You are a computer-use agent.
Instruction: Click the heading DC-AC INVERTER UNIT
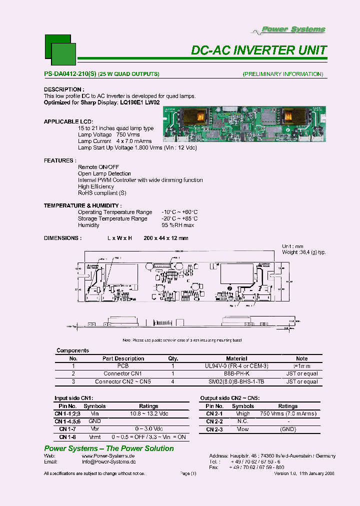coord(259,50)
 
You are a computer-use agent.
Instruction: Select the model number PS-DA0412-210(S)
coord(70,74)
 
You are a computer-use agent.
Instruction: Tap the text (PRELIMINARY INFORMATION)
coord(282,74)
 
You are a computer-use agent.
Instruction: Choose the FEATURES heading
coord(60,160)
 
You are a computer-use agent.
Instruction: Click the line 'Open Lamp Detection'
coord(104,173)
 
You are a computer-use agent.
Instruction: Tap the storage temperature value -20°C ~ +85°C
coord(179,218)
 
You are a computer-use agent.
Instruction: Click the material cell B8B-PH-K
coord(236,373)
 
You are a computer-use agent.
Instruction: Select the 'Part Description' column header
coord(123,358)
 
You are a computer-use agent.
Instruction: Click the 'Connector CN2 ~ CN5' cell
coord(123,381)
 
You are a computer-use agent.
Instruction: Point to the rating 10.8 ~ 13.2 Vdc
coord(148,414)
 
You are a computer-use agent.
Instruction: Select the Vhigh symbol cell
coord(242,414)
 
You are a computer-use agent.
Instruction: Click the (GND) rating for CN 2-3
coord(287,429)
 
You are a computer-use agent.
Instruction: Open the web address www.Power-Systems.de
coord(108,456)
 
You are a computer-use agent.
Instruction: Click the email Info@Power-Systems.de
coord(108,463)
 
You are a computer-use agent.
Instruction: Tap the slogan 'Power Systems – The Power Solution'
coord(109,448)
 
